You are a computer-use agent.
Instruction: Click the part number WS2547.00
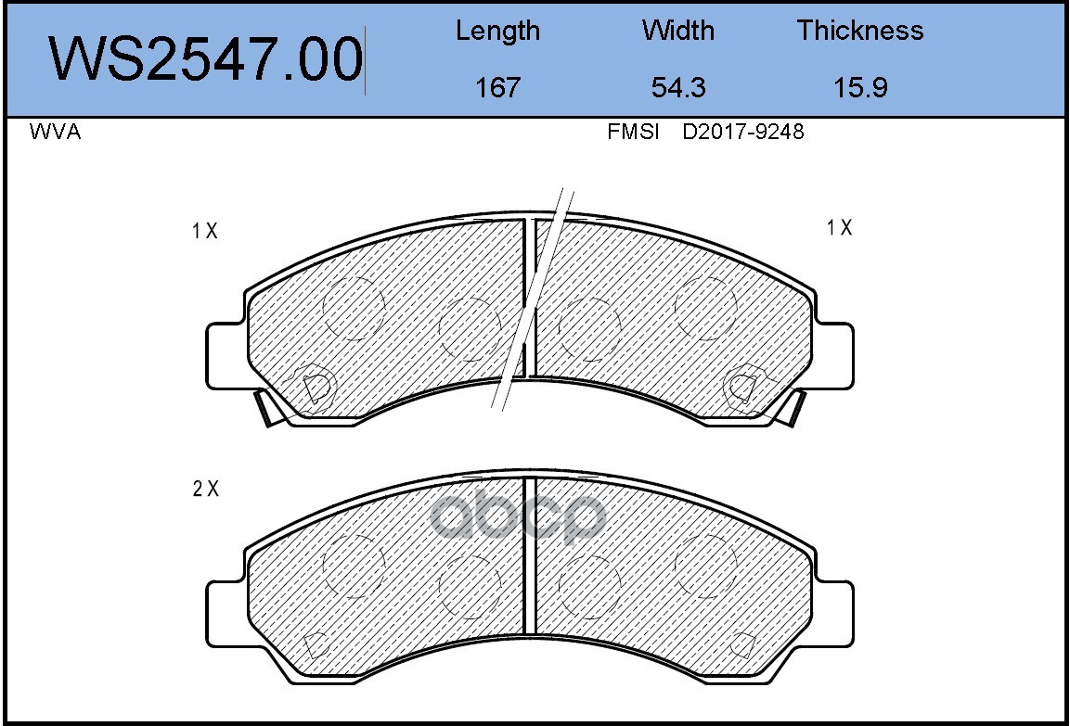click(205, 59)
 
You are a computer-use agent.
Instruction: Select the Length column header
click(497, 32)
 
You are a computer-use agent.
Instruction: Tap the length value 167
click(497, 87)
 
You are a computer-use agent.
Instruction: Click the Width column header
click(677, 31)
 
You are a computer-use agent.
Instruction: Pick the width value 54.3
click(677, 87)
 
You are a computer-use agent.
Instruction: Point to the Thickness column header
click(860, 31)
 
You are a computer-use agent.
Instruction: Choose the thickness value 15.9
click(860, 87)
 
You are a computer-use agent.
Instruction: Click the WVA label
click(56, 132)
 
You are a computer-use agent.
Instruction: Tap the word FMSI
click(633, 132)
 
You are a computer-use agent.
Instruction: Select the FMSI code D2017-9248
click(743, 132)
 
